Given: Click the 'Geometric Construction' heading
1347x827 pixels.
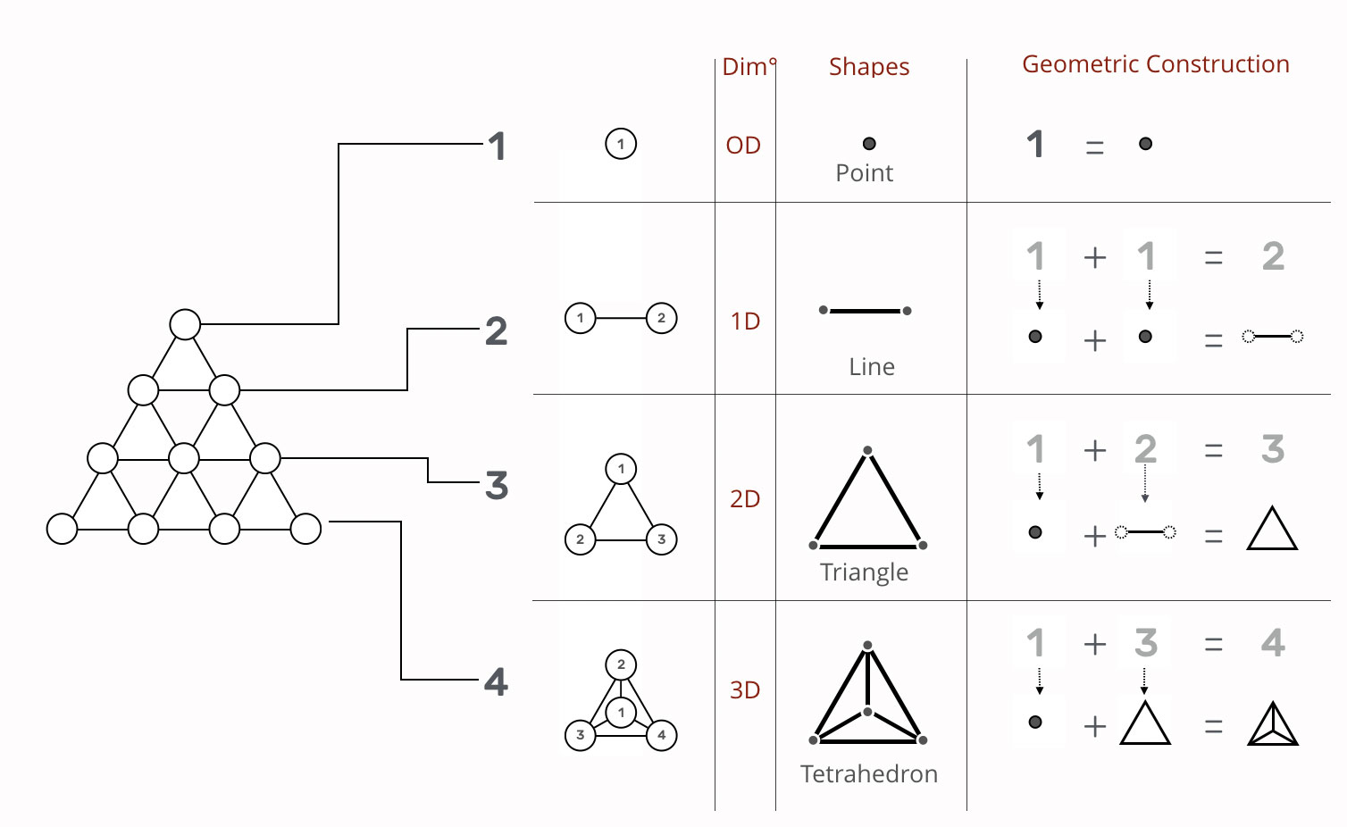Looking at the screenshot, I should [1155, 64].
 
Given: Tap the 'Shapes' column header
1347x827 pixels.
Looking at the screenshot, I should [868, 67].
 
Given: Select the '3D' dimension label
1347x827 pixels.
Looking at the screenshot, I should [745, 689].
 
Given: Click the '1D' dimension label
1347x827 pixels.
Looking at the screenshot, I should [745, 321].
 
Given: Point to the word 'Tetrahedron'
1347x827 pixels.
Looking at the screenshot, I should [868, 773].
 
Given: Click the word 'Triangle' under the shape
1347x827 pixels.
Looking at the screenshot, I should [864, 572].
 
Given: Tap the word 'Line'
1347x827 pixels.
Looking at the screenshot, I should [871, 366].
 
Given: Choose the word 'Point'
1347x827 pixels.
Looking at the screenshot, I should [864, 172].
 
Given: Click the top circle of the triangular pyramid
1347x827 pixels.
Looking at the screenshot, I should [185, 324].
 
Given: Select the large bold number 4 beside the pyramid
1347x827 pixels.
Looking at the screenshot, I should [496, 682].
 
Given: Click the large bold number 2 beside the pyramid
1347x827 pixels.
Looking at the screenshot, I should [496, 331].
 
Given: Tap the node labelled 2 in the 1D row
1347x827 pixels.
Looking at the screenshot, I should [661, 318].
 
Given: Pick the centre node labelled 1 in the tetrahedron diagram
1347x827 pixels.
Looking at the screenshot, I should [621, 713].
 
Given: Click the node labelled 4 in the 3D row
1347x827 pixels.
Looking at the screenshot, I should [661, 735].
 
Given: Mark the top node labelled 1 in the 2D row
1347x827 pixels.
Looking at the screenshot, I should [621, 469].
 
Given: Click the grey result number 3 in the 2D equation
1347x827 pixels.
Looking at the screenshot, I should [1273, 449].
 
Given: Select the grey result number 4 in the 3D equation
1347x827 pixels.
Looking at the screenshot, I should [1273, 643].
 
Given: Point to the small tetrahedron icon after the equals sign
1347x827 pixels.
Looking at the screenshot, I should [1273, 724].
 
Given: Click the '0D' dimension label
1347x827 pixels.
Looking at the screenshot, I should [743, 145].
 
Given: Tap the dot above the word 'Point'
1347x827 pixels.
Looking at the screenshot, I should [869, 144].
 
